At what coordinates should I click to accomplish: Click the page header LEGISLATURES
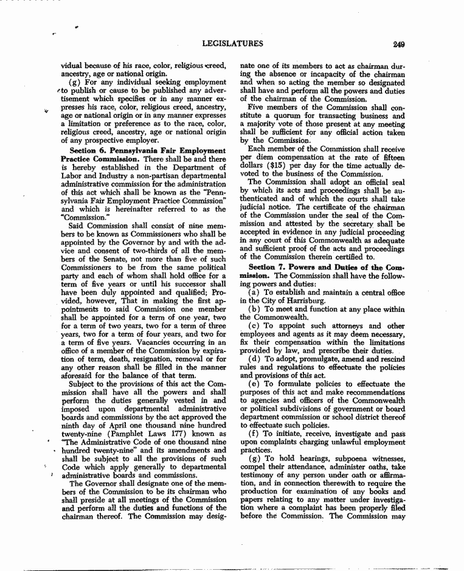[x=234, y=43]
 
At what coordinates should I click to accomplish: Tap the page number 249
[x=399, y=44]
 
